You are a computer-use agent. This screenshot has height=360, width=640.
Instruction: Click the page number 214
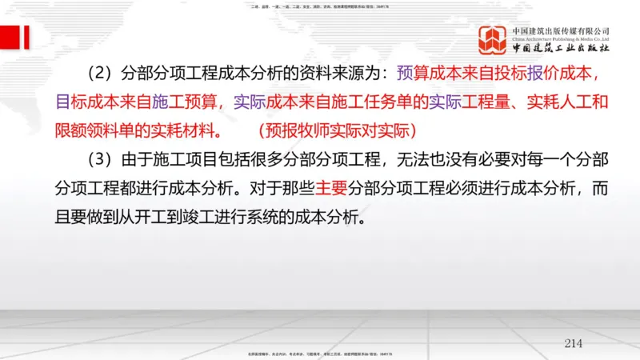point(573,343)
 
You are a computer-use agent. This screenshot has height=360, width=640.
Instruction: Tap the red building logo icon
point(494,40)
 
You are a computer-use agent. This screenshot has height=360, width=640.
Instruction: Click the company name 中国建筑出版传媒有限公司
point(561,30)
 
